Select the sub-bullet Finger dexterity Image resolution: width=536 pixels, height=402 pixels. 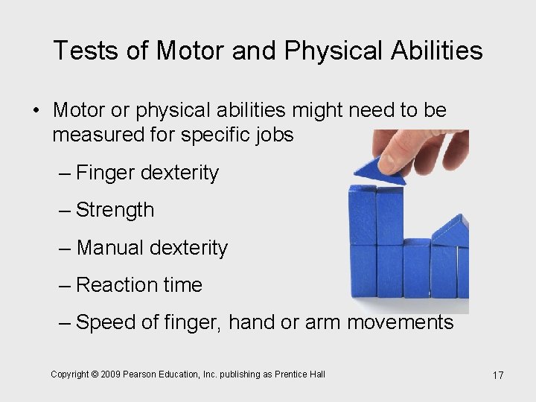[147, 173]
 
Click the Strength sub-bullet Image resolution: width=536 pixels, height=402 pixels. [115, 210]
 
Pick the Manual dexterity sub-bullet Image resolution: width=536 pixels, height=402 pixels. [152, 247]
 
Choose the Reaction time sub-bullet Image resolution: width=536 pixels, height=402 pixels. [139, 284]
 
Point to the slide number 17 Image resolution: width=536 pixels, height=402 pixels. [498, 375]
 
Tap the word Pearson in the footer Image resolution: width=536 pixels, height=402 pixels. [141, 374]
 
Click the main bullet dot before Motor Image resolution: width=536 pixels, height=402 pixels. [35, 111]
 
